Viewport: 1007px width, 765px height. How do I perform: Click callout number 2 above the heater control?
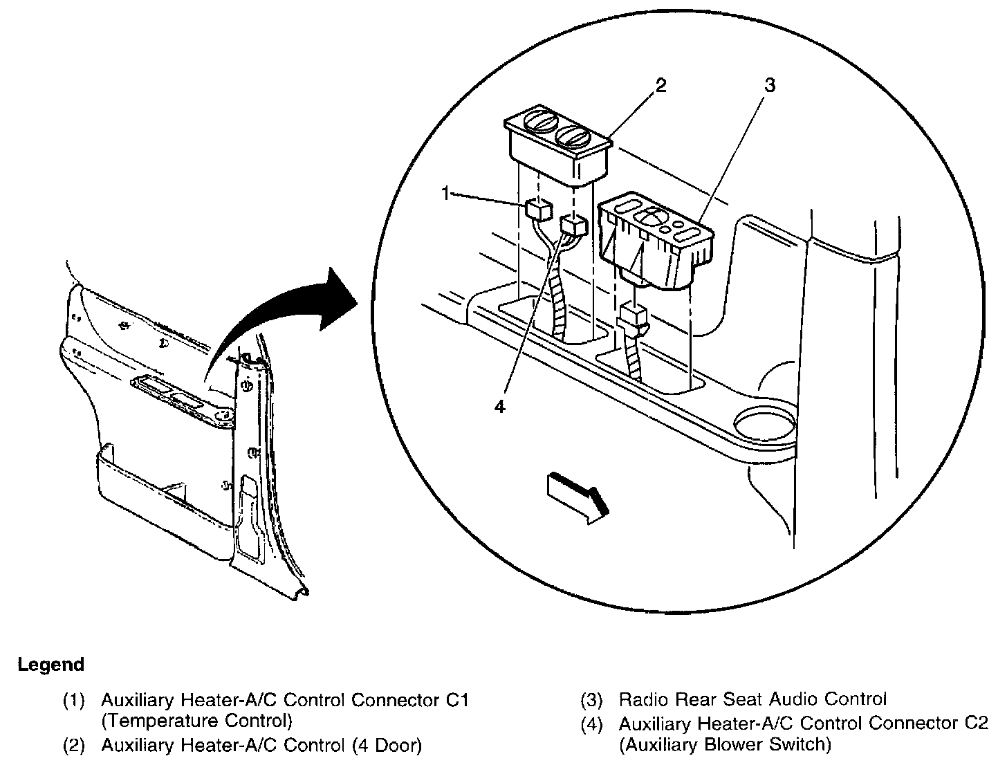click(x=661, y=86)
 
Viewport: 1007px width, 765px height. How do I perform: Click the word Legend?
click(x=50, y=665)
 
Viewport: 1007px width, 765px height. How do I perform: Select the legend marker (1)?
click(x=74, y=701)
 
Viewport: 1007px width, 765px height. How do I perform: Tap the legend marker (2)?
click(x=74, y=746)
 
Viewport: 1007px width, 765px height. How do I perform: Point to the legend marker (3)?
click(x=591, y=700)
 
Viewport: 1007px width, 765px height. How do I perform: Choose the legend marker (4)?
click(x=591, y=724)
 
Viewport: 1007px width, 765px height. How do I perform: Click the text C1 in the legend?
click(x=456, y=700)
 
